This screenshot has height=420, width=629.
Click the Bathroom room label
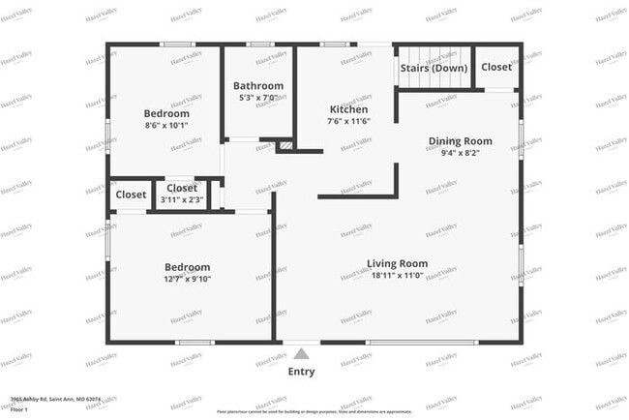[x=257, y=86]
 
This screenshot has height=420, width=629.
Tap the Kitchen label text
[x=347, y=110]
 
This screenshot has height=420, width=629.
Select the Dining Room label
[x=460, y=141]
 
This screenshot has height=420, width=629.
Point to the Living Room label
[x=397, y=263]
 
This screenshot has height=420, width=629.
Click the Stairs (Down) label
[x=434, y=69]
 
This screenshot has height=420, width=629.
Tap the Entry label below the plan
[x=301, y=372]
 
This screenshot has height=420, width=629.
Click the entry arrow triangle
[x=301, y=354]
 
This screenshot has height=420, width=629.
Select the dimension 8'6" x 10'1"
[x=166, y=125]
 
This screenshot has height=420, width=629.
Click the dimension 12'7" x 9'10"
[x=187, y=280]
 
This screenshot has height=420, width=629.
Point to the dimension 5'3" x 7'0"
[x=257, y=98]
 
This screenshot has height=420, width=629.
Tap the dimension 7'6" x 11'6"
[x=347, y=122]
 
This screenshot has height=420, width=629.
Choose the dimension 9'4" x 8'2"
[x=460, y=153]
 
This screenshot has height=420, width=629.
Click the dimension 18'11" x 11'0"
[x=397, y=275]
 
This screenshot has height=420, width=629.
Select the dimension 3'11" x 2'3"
[x=182, y=199]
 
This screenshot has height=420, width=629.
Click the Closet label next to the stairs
[x=496, y=68]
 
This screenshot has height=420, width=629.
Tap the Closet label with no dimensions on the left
[x=131, y=195]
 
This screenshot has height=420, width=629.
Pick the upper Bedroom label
[x=166, y=113]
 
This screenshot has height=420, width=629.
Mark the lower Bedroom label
[x=187, y=268]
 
